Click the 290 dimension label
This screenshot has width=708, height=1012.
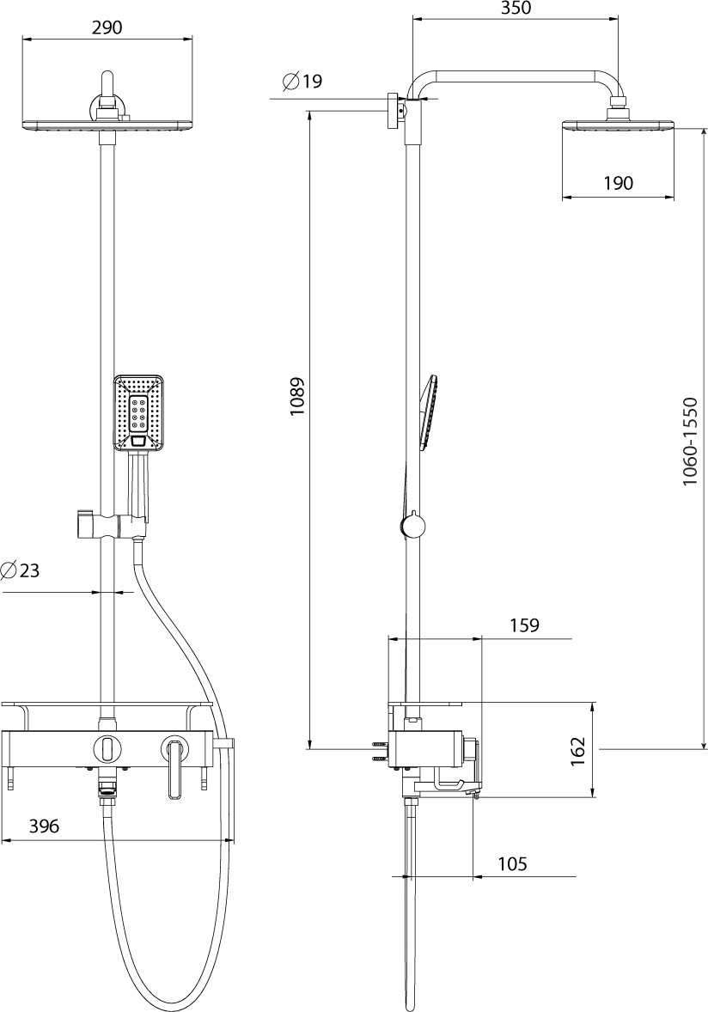click(x=107, y=27)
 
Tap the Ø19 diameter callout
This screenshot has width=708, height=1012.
click(x=302, y=82)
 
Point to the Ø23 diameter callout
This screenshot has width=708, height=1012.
click(x=20, y=570)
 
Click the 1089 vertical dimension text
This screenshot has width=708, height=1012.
click(x=296, y=396)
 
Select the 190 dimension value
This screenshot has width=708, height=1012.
click(x=619, y=183)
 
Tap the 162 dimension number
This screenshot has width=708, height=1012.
click(x=578, y=751)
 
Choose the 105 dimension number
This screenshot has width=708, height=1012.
click(x=512, y=863)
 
